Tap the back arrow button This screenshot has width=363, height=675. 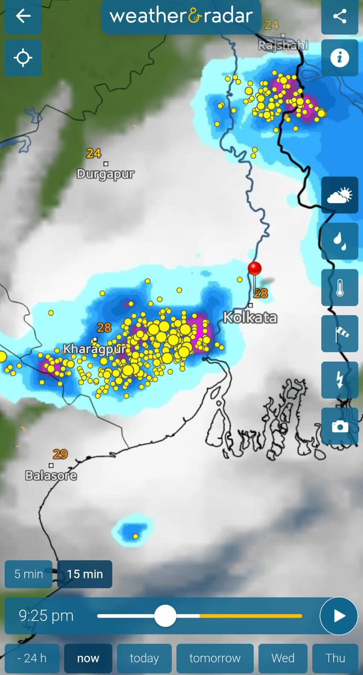pyautogui.click(x=23, y=16)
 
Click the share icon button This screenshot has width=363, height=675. pyautogui.click(x=339, y=16)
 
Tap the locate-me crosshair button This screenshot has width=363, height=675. pyautogui.click(x=23, y=57)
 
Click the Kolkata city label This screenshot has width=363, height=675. pyautogui.click(x=250, y=318)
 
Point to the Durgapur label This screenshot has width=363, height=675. pyautogui.click(x=106, y=174)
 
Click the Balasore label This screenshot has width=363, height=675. pyautogui.click(x=51, y=476)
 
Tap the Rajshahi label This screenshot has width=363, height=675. pyautogui.click(x=283, y=46)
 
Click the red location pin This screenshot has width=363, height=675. pyautogui.click(x=255, y=268)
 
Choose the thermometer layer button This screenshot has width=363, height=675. pyautogui.click(x=339, y=288)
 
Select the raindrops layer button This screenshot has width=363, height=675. pyautogui.click(x=339, y=241)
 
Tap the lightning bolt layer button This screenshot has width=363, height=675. pyautogui.click(x=339, y=380)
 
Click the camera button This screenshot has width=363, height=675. pyautogui.click(x=339, y=426)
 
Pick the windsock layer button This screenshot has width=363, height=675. pyautogui.click(x=339, y=334)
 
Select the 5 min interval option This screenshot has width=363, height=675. pyautogui.click(x=29, y=574)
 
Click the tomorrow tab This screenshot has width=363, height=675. pyautogui.click(x=215, y=658)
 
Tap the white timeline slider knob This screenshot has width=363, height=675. pyautogui.click(x=165, y=615)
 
